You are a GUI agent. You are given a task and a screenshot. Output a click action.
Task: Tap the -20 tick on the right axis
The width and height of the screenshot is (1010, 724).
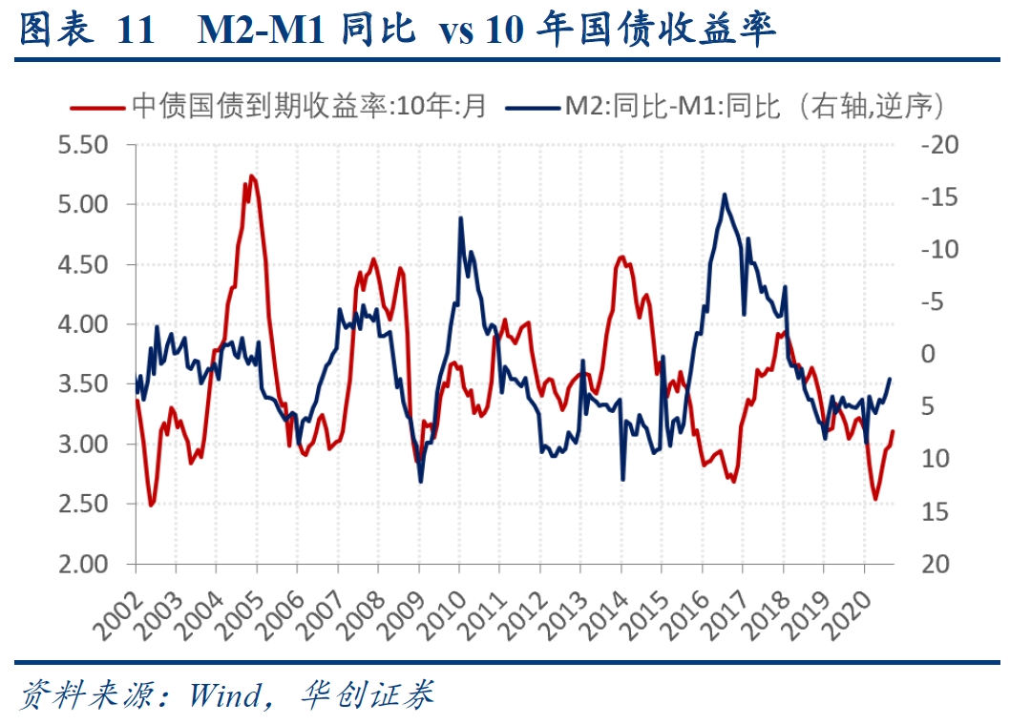pos(936,146)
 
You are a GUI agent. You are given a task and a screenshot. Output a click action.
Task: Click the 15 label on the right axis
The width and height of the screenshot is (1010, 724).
pos(931,512)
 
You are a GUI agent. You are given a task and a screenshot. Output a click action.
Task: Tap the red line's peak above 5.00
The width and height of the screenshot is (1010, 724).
pos(251,176)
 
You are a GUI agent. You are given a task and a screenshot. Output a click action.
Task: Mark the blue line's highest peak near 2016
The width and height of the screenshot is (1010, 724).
pos(725,195)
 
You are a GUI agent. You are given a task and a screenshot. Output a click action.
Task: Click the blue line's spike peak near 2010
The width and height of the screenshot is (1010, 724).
pos(460,217)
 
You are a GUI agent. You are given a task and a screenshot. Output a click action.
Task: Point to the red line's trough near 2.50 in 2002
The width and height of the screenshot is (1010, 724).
pos(151,505)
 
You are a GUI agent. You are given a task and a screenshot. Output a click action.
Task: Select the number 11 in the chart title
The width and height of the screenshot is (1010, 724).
pos(135,31)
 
